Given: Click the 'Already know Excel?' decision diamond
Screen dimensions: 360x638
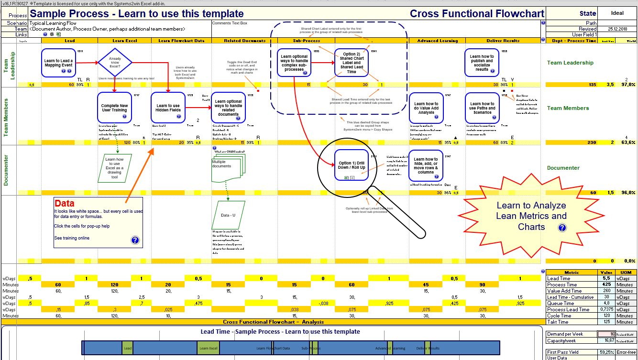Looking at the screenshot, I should coord(114,62).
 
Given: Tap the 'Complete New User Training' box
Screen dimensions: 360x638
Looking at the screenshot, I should coord(114,108).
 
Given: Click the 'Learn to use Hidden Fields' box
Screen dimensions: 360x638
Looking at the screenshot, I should coord(168,108).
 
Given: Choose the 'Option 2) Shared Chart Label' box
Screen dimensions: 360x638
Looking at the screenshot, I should coord(352,63).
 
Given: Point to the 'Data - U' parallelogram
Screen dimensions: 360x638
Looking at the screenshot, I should coord(228,215).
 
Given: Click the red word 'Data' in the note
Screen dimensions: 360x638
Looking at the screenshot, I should coord(64,203).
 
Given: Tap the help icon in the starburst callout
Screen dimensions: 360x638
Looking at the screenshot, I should coord(562,228).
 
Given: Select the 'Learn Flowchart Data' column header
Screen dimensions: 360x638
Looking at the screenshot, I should coord(178,41).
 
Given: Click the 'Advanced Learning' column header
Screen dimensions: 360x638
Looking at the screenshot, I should coord(438,41).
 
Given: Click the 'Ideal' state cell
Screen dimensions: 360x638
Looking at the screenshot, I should coord(617,13).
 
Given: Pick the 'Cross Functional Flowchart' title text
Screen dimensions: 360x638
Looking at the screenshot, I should coord(477,14).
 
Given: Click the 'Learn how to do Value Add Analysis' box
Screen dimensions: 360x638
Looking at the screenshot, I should coord(426,108).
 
